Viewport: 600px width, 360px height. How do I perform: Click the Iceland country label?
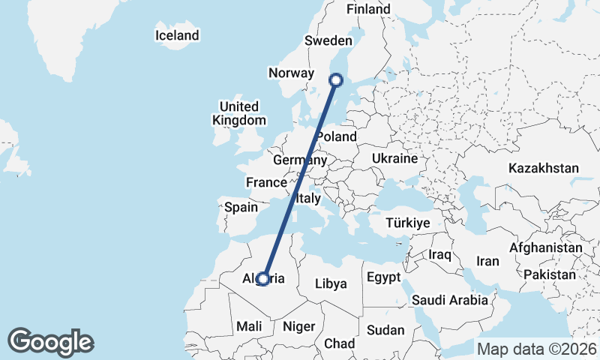coord(177,35)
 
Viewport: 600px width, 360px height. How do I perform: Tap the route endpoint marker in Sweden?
coord(336,79)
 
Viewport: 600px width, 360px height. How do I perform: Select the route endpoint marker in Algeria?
coord(263,279)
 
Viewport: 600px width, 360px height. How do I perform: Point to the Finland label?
coord(368,9)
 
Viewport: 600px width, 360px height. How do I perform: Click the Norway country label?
coord(290,73)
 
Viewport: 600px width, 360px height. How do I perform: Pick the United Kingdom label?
coord(238,113)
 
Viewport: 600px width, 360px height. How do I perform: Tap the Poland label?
coord(336,136)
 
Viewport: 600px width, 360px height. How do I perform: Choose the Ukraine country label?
coord(394,159)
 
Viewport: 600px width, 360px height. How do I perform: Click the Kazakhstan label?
coord(543,168)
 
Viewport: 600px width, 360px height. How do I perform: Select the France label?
coord(267,183)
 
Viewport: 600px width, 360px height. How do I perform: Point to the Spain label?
coord(241,207)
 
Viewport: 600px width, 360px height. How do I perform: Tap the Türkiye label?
coord(407,223)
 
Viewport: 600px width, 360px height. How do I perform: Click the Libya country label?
coord(330,283)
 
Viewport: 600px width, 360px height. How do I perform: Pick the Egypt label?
coord(385,278)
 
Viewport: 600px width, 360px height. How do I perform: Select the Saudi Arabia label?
coord(450,300)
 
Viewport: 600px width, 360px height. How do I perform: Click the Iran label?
coord(487,261)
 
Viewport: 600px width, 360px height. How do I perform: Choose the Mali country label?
coord(249,326)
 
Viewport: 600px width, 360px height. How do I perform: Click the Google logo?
coord(50,342)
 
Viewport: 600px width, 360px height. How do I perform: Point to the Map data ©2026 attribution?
coord(537,349)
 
